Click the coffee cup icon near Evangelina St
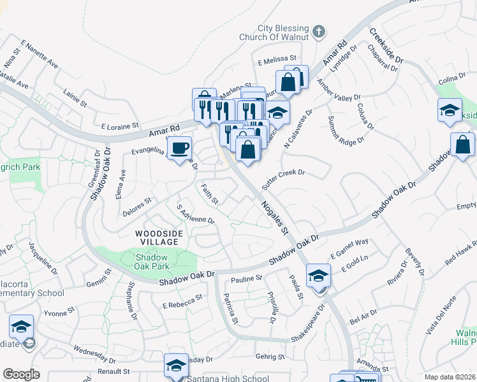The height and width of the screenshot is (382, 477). [180, 148]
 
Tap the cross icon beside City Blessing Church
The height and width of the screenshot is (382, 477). [318, 31]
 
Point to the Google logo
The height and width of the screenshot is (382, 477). [21, 374]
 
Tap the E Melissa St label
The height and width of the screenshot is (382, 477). [278, 59]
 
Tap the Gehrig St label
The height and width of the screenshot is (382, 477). [269, 357]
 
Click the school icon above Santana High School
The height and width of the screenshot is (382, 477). [177, 365]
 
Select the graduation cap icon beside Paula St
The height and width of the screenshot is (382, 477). [318, 275]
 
